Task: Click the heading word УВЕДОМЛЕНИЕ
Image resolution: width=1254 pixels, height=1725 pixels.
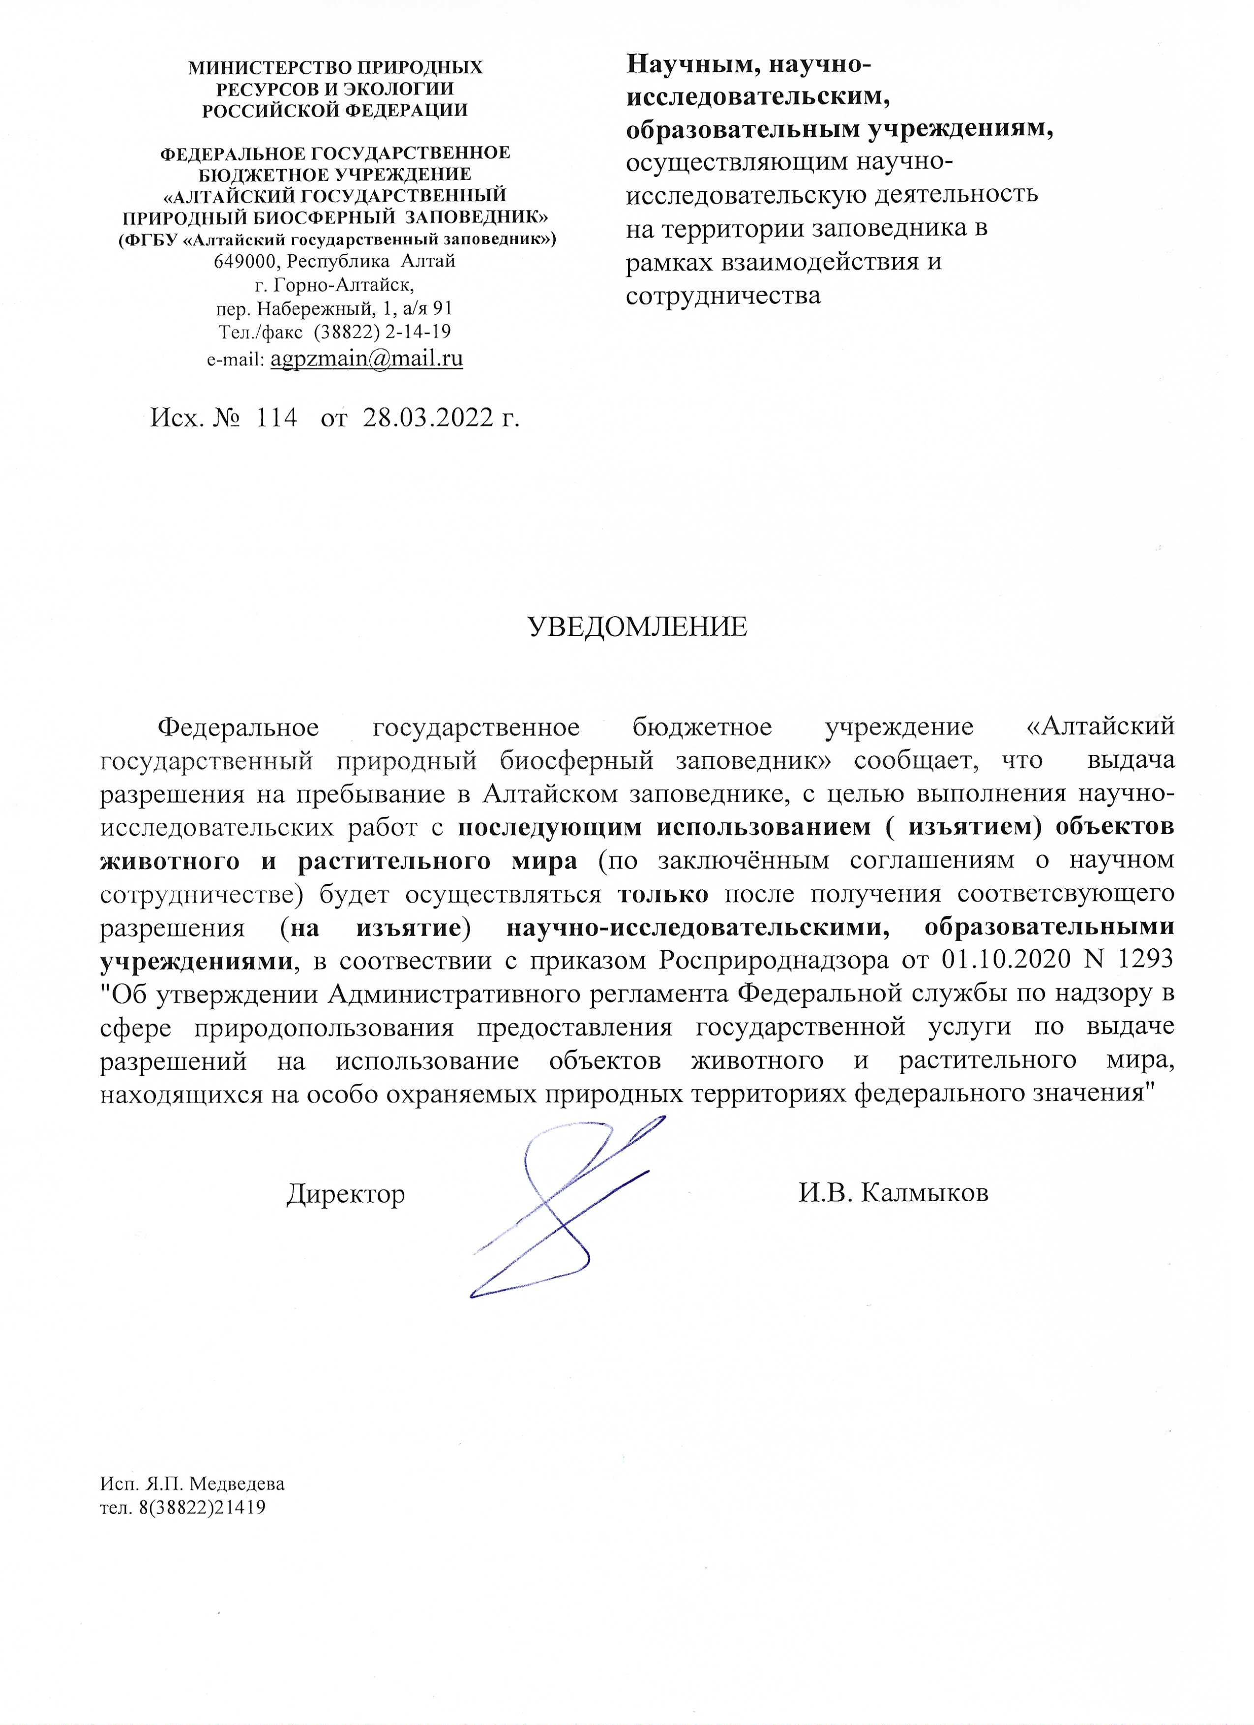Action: click(637, 627)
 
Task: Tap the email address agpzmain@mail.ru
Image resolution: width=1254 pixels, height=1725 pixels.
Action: click(366, 358)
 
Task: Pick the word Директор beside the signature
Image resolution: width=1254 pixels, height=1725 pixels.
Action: click(346, 1194)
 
